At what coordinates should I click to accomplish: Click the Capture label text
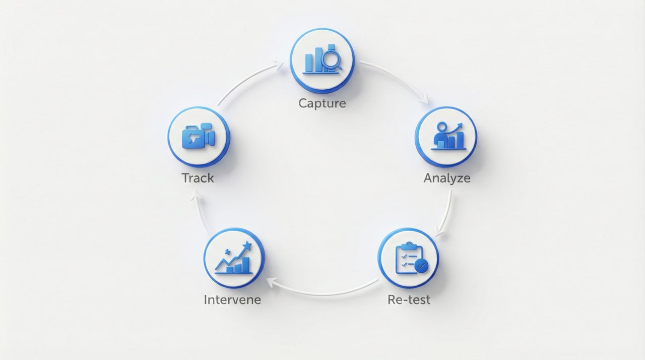click(x=322, y=103)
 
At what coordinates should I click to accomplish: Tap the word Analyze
click(x=447, y=178)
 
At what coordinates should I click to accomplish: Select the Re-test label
click(x=409, y=299)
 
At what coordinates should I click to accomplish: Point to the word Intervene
click(x=232, y=299)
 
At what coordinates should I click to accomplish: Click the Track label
click(x=198, y=178)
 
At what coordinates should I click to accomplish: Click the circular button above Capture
click(x=322, y=61)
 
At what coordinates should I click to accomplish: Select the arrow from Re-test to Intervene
click(x=322, y=291)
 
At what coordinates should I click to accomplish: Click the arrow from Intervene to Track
click(x=200, y=214)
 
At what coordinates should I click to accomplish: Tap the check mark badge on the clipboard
click(x=421, y=265)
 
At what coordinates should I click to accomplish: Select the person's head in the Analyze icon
click(x=442, y=127)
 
